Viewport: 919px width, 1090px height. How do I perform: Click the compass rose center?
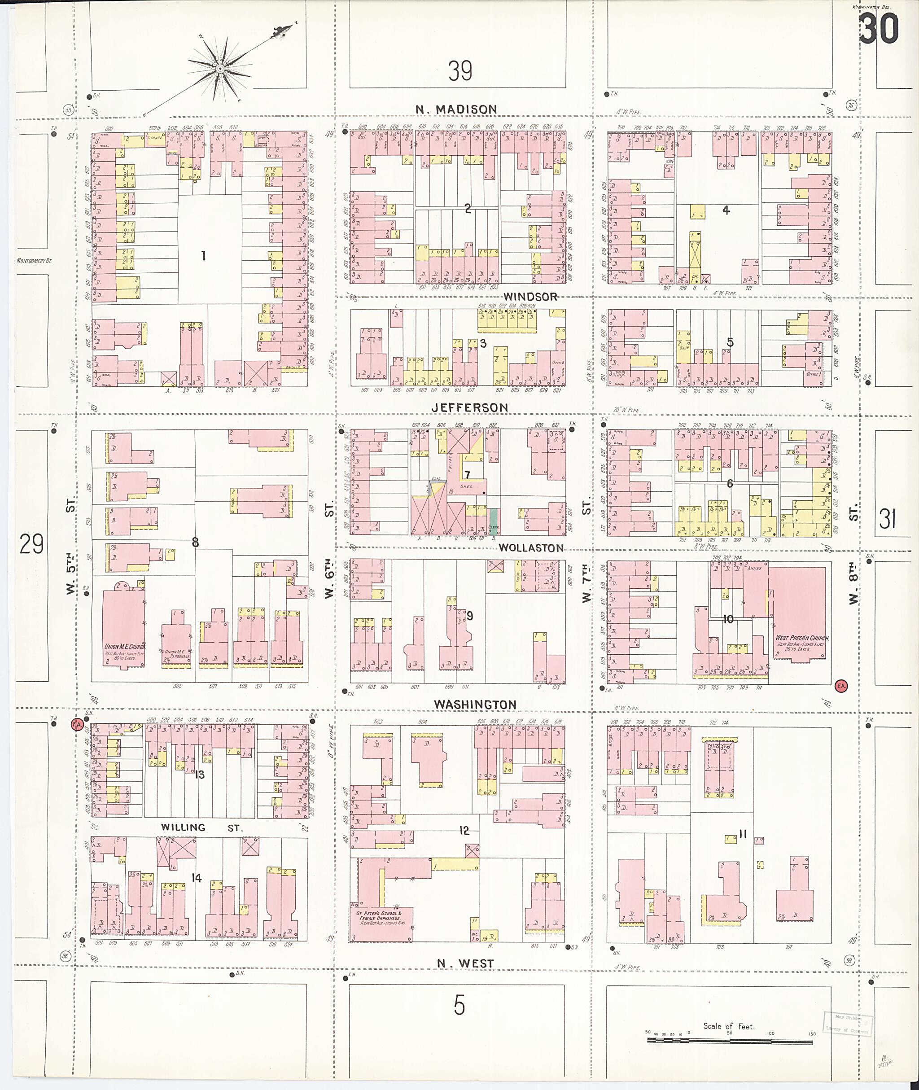(x=220, y=68)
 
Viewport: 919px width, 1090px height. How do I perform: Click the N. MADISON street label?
(x=456, y=109)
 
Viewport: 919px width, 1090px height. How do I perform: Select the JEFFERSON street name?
(x=469, y=407)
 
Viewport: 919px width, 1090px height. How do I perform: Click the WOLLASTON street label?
(x=531, y=547)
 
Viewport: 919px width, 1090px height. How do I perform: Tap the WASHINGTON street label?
(x=475, y=705)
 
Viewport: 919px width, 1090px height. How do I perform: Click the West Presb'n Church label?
(x=802, y=638)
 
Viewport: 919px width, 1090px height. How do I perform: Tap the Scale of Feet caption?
(x=728, y=1026)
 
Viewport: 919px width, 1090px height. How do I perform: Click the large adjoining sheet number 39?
(x=460, y=71)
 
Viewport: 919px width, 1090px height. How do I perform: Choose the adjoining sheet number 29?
(x=31, y=544)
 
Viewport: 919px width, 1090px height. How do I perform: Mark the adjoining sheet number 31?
(x=887, y=519)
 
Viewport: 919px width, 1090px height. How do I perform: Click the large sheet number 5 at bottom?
(x=459, y=1006)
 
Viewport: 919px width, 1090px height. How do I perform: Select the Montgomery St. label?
(x=35, y=261)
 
